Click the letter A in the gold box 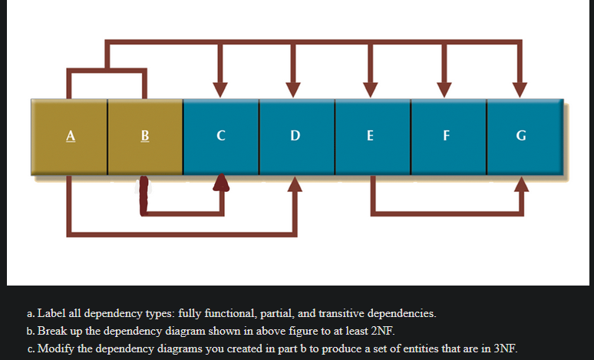[x=70, y=137]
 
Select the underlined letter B [x=145, y=137]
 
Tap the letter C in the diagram [x=220, y=137]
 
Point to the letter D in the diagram [x=295, y=137]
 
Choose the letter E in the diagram [x=371, y=137]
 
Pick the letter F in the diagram [x=446, y=137]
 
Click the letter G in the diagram [x=521, y=137]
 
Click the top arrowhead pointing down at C [x=220, y=88]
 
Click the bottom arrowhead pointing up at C [x=221, y=182]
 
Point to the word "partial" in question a [x=266, y=314]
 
